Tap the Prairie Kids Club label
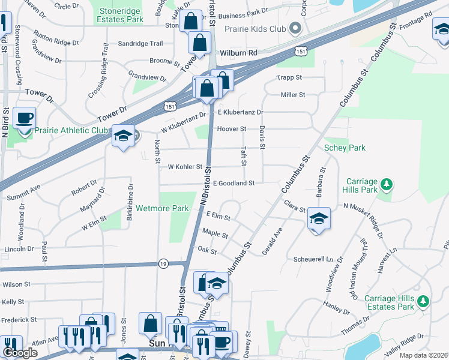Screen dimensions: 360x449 (254, 28)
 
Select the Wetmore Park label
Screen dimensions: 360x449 (162, 208)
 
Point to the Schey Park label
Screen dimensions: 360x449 (345, 148)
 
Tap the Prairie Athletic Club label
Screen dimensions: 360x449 (70, 130)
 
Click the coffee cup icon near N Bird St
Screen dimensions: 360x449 (24, 118)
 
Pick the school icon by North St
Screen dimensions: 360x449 (123, 137)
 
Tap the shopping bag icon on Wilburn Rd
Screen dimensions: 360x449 (199, 43)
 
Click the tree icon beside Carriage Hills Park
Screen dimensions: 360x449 (388, 182)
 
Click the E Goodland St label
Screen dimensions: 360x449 (234, 182)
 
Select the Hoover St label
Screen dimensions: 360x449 (232, 129)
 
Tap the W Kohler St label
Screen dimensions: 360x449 (184, 167)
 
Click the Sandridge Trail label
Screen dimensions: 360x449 (140, 44)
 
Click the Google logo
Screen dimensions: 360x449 (20, 353)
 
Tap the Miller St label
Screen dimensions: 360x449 (293, 95)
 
